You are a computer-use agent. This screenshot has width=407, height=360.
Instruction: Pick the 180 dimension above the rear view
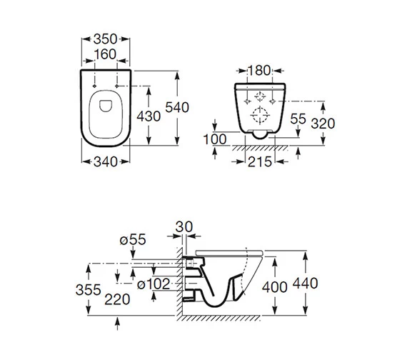(258, 70)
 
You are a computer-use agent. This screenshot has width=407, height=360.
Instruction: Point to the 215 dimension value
(258, 161)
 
